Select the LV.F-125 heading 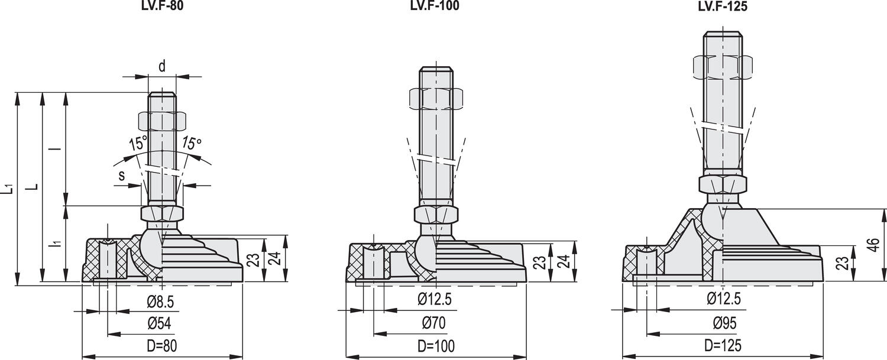pos(723,7)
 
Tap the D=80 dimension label pos(161,346)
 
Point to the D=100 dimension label pos(436,346)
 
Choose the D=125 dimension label pos(723,345)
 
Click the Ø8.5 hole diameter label pos(160,302)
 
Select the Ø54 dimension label pos(159,323)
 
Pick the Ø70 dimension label pos(434,323)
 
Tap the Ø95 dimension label pos(724,323)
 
